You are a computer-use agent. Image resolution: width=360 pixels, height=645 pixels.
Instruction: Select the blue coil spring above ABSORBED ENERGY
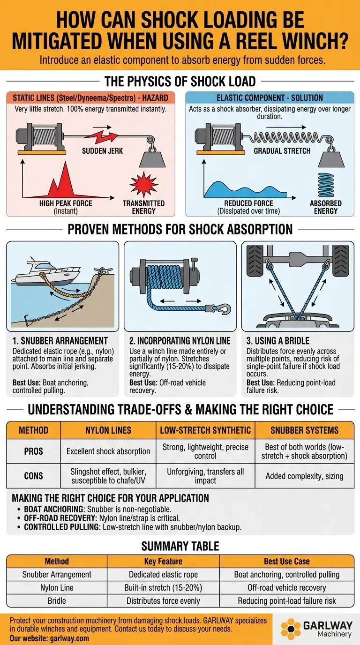tap(326, 185)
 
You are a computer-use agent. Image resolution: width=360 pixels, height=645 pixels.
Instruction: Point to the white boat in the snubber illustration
tap(46, 272)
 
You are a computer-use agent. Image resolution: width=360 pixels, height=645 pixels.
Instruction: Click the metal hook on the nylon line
tap(223, 309)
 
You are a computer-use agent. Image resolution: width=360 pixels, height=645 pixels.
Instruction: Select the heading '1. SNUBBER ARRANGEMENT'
tap(60, 341)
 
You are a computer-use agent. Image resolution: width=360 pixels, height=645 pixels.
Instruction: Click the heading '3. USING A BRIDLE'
tap(277, 341)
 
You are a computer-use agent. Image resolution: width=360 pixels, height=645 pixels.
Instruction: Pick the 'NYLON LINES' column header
tap(108, 430)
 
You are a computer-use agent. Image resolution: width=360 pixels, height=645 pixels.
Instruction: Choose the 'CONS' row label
tap(33, 476)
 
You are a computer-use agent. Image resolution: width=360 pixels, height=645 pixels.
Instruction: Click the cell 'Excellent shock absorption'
tap(108, 451)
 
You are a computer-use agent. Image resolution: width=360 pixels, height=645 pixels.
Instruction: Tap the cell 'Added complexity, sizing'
tap(304, 476)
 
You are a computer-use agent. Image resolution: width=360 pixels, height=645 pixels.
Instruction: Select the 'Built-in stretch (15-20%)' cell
tap(163, 587)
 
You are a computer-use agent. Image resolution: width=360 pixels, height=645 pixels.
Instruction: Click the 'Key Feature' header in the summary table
tap(163, 561)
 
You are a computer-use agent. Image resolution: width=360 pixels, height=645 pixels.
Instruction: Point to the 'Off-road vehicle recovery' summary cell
tap(286, 587)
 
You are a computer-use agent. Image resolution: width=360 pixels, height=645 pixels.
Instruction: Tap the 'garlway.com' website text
tap(69, 638)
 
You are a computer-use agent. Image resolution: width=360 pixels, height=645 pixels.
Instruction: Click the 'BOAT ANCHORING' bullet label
tap(53, 509)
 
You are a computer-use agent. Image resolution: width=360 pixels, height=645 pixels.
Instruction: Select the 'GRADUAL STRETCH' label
tap(282, 151)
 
